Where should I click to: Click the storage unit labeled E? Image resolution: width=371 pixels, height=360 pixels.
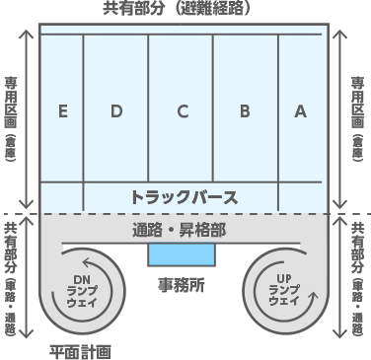pos(62,111)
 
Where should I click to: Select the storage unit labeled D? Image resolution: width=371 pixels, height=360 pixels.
pos(115,111)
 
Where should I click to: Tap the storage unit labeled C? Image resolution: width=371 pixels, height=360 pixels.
pos(182,111)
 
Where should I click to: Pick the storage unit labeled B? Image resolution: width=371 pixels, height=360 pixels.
pos(244,111)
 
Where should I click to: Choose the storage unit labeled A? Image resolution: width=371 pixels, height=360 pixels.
pos(300,111)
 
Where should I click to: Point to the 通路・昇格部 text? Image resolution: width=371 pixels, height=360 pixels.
pos(181,231)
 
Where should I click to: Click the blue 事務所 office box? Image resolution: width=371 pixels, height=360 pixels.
pos(181,254)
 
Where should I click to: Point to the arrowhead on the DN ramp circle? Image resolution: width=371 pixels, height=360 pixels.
pos(62,264)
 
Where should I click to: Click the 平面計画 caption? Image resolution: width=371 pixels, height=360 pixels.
pos(80,350)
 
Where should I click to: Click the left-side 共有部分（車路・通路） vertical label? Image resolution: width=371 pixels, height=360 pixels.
pos(10,279)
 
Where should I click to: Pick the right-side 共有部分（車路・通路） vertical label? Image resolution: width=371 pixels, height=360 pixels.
pos(358,279)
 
